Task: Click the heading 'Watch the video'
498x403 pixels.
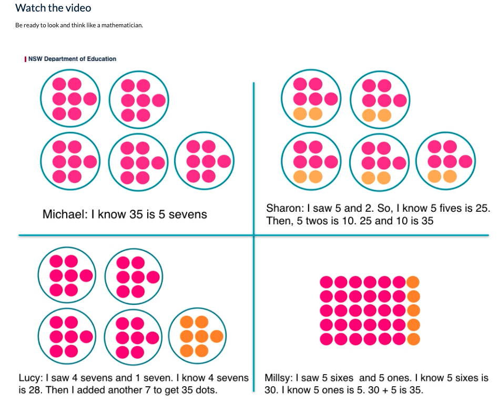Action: [53, 8]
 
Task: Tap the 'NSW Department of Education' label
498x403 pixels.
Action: [72, 59]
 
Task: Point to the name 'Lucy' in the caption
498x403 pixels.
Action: [29, 378]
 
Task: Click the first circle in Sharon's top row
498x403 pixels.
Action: [310, 99]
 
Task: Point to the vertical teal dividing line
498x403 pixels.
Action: [253, 158]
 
